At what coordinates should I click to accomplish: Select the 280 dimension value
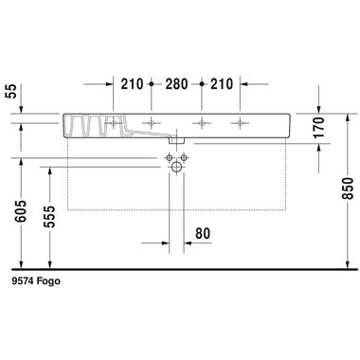(176, 84)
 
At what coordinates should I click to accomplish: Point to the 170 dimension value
(319, 128)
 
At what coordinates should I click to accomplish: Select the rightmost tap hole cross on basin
(241, 121)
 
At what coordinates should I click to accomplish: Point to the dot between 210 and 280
(153, 83)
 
